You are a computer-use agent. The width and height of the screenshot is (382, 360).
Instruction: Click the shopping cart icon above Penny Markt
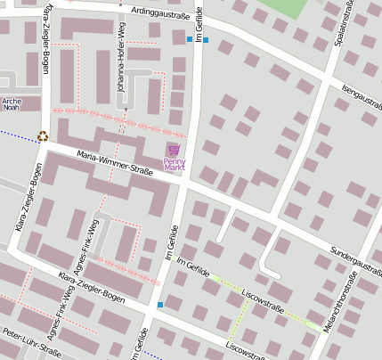pos(174,149)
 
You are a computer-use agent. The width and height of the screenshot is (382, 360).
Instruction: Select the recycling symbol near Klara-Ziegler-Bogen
pos(42,136)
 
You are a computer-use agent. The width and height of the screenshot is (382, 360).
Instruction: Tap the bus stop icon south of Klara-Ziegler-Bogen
pos(160,306)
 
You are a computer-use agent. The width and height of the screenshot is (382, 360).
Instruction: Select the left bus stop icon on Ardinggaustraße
pos(189,39)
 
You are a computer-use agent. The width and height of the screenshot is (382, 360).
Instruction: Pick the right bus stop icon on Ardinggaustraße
pos(206,39)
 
